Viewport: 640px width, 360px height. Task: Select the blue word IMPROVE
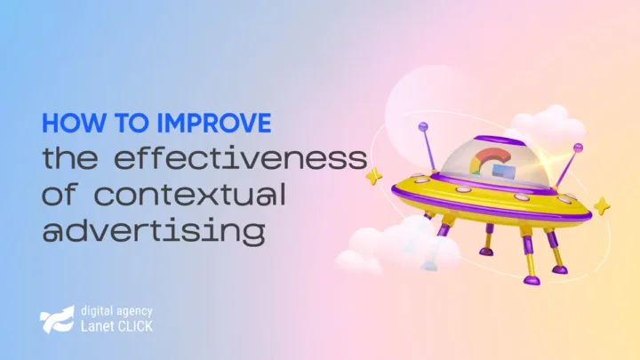[214, 123]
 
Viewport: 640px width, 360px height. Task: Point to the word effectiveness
[240, 157]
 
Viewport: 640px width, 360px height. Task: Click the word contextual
[190, 194]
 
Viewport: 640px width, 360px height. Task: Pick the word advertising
[154, 232]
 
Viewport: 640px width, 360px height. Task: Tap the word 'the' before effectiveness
[70, 157]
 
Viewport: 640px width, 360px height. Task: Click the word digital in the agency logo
[96, 311]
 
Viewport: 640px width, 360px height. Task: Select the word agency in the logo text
[134, 312]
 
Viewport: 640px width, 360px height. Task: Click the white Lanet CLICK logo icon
[57, 319]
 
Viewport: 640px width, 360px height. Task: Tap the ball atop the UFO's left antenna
[423, 126]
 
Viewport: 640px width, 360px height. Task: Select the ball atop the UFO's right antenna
[578, 148]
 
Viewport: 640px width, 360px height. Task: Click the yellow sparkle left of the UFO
[373, 176]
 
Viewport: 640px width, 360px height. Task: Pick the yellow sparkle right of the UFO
[602, 205]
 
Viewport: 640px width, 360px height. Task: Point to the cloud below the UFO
[398, 247]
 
